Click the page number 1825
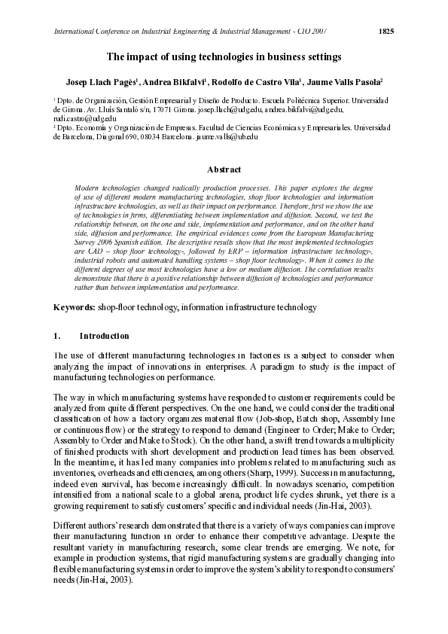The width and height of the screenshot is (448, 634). coord(386,31)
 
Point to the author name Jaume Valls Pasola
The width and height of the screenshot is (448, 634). coord(347,81)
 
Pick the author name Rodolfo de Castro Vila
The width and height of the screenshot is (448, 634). coord(267,81)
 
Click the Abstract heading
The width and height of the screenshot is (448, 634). coord(224,169)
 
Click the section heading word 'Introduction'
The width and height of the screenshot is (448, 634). coord(104,336)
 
